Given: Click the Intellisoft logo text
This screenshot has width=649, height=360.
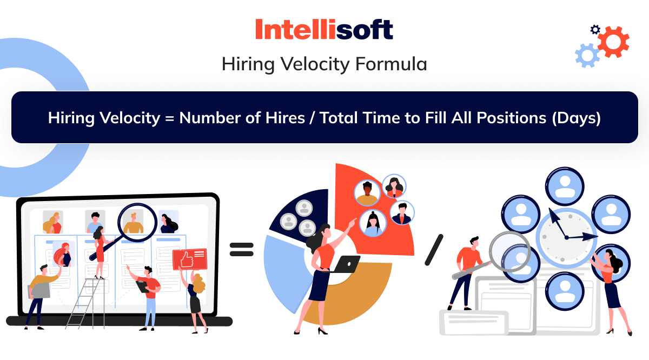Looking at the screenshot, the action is pos(324,29).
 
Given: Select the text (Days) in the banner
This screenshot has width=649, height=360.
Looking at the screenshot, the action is pos(577,118).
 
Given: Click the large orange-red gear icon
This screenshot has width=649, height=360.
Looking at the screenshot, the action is pos(613,42).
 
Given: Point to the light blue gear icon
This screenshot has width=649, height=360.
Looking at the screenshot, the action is pos(587,55).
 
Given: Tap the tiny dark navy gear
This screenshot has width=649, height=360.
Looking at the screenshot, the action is pos(595,30).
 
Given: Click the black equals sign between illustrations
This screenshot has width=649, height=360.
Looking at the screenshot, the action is pos(241,249).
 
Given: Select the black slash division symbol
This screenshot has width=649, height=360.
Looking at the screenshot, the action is pos(434,250).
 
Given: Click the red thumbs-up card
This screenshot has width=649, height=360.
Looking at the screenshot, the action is pos(190,259).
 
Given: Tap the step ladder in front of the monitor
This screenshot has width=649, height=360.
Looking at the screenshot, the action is pos(86,304).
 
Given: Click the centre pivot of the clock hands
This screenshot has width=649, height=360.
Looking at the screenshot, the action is pos(567,238).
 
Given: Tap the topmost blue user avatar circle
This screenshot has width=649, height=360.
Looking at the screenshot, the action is pos(565,186).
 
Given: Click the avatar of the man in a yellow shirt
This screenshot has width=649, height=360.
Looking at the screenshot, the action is pos(367,193).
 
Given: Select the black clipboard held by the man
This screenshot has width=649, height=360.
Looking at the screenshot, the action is pos(143,286).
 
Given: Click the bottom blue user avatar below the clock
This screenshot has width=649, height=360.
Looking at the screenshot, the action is pos(565,291).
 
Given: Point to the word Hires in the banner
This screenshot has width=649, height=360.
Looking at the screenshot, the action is pos(285,118).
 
